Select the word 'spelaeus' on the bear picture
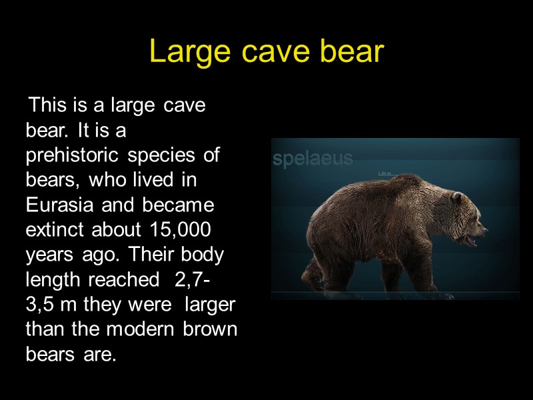click(313, 159)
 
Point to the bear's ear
click(457, 198)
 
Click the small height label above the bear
click(384, 173)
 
